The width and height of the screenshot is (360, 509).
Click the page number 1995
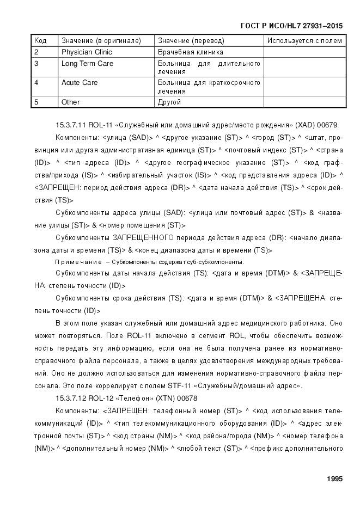tap(334, 479)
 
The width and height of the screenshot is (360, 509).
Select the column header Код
tap(40, 41)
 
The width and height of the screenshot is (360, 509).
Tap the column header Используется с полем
tap(304, 41)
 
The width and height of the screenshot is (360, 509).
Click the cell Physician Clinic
tap(87, 52)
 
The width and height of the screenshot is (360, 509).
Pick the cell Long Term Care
tap(87, 64)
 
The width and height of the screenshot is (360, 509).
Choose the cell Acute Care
tap(80, 83)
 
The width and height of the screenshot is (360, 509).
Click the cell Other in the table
tap(70, 102)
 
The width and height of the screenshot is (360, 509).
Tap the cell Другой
tap(169, 102)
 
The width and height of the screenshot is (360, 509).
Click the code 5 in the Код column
tap(36, 102)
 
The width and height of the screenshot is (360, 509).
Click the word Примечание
tap(78, 262)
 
